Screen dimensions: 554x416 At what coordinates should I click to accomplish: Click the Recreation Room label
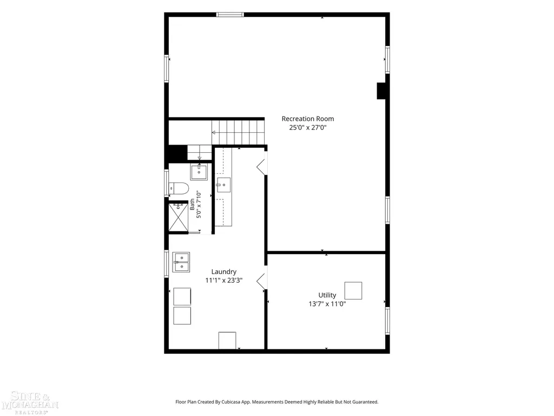(x=308, y=119)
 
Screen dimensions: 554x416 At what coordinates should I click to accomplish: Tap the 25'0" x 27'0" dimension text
(x=308, y=128)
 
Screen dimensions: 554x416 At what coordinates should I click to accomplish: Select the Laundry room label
(x=223, y=272)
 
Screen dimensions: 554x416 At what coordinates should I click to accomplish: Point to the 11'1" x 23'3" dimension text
(x=223, y=281)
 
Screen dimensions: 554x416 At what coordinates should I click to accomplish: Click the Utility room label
(x=327, y=295)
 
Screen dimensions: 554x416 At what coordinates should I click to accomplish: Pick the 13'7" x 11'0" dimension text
(x=327, y=304)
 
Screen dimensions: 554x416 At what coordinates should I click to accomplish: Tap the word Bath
(x=192, y=204)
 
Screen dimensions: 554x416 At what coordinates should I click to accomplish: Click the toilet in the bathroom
(x=179, y=188)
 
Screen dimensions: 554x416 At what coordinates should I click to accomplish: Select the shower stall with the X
(x=178, y=217)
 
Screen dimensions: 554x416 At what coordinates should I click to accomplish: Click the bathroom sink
(x=199, y=172)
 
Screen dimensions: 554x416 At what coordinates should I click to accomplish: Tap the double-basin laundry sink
(x=181, y=262)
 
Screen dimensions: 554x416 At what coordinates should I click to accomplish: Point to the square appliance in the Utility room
(x=353, y=290)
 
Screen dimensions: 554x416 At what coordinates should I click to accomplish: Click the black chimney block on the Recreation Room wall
(x=381, y=91)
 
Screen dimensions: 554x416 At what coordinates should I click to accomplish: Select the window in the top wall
(x=230, y=15)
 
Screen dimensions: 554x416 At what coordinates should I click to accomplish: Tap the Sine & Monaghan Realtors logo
(x=30, y=402)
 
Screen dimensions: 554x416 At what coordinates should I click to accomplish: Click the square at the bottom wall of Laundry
(x=227, y=340)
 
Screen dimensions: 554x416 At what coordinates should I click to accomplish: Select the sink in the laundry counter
(x=223, y=185)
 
